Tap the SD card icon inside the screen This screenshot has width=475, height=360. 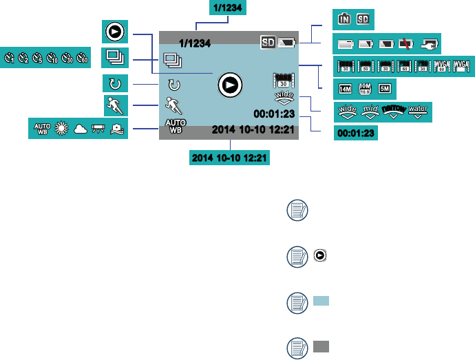[x=267, y=43]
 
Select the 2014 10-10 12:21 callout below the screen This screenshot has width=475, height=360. [x=230, y=158]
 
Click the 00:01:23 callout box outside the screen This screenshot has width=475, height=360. [x=356, y=134]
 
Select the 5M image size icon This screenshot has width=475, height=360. [x=385, y=89]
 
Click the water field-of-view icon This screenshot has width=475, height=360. [x=417, y=111]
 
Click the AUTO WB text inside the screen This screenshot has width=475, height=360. [x=173, y=125]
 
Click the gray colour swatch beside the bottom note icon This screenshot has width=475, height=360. [x=321, y=346]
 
